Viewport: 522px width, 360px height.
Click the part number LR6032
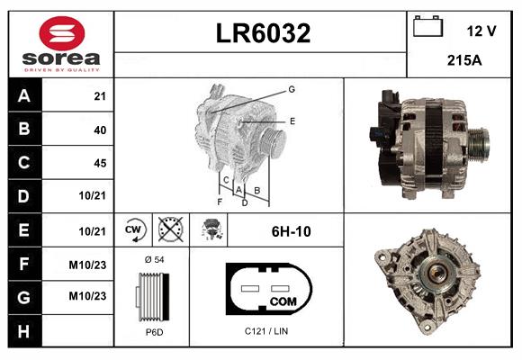pyautogui.click(x=263, y=33)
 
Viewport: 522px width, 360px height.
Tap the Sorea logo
pyautogui.click(x=61, y=45)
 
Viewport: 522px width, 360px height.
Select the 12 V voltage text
pyautogui.click(x=481, y=31)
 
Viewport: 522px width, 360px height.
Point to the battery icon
pyautogui.click(x=426, y=27)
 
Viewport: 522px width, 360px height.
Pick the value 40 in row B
pyautogui.click(x=99, y=130)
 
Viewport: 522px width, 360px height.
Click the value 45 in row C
pyautogui.click(x=99, y=163)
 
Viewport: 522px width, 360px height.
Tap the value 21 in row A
pyautogui.click(x=99, y=96)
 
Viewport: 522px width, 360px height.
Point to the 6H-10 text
pyautogui.click(x=291, y=231)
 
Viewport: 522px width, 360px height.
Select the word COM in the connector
pyautogui.click(x=283, y=300)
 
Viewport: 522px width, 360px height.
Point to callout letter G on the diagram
pyautogui.click(x=292, y=89)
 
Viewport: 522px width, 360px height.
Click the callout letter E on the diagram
pyautogui.click(x=292, y=120)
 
